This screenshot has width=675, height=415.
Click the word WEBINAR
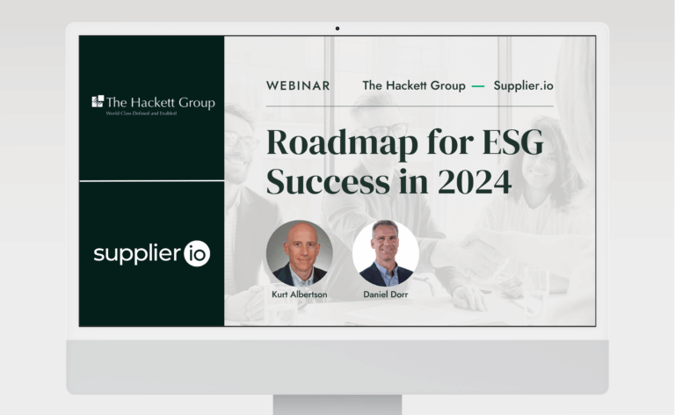pyautogui.click(x=298, y=85)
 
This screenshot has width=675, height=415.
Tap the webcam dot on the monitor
pyautogui.click(x=337, y=28)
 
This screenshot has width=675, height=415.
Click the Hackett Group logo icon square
pyautogui.click(x=98, y=101)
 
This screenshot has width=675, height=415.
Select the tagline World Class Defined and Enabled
pyautogui.click(x=142, y=113)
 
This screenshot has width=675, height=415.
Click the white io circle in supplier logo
pyautogui.click(x=197, y=253)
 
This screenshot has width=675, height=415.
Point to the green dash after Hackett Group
pyautogui.click(x=478, y=86)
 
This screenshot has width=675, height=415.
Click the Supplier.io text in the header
pyautogui.click(x=524, y=85)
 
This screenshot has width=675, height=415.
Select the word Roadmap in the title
pyautogui.click(x=342, y=143)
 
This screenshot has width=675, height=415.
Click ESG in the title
pyautogui.click(x=512, y=142)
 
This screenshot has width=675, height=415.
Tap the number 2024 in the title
pyautogui.click(x=475, y=182)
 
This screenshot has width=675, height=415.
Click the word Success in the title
pyautogui.click(x=328, y=182)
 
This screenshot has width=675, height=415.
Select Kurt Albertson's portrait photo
pyautogui.click(x=300, y=253)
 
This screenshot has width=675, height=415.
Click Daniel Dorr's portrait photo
pyautogui.click(x=386, y=253)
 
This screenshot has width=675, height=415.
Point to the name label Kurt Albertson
pyautogui.click(x=300, y=295)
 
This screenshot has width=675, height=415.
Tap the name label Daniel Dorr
pyautogui.click(x=386, y=295)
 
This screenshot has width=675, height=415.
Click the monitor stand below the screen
pyautogui.click(x=337, y=405)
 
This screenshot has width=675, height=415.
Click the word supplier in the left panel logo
pyautogui.click(x=137, y=254)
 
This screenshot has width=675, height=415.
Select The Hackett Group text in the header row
pyautogui.click(x=414, y=85)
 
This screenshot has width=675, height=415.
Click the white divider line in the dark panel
pyautogui.click(x=152, y=181)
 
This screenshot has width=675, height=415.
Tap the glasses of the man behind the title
pyautogui.click(x=388, y=130)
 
